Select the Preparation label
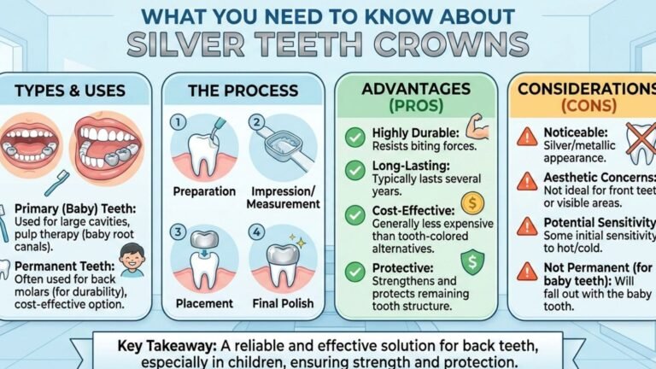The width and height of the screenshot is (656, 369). click(205, 191)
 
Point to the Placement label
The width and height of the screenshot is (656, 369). click(203, 302)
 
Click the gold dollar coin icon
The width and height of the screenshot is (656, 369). click(471, 204)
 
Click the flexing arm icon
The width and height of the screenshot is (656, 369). click(478, 130)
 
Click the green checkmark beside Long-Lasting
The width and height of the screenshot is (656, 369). click(354, 170)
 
